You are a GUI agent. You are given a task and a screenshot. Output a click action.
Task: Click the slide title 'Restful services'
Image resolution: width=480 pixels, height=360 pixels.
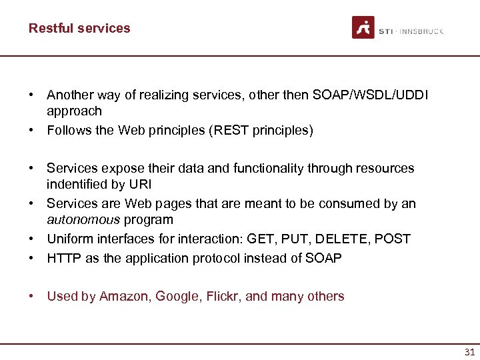tap(79, 28)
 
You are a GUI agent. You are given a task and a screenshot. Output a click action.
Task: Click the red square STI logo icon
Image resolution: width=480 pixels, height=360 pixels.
tap(363, 27)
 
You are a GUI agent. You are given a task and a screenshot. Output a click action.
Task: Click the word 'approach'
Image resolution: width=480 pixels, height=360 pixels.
tap(74, 111)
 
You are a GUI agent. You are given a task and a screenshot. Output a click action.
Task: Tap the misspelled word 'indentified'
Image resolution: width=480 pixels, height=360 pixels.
tap(76, 183)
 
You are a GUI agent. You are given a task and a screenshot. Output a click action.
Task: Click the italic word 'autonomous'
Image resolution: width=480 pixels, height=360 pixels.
tap(83, 219)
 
